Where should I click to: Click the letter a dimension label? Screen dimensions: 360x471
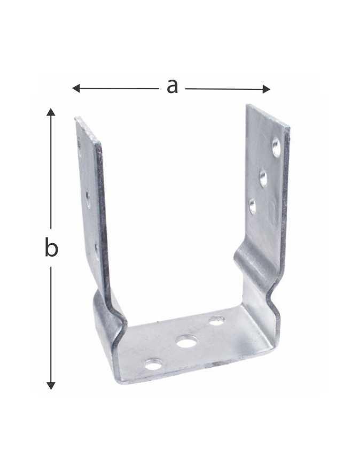point(172,87)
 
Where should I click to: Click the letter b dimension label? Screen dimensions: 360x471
point(51,247)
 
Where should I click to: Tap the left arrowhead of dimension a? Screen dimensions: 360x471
point(76,88)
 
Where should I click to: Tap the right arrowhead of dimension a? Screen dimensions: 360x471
point(266,89)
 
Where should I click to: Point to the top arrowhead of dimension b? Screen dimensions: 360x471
point(51,112)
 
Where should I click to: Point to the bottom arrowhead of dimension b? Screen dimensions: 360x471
point(51,385)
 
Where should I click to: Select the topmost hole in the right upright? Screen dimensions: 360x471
point(276,147)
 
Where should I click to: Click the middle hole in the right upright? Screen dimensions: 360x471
point(263,178)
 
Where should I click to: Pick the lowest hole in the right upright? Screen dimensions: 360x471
point(252,206)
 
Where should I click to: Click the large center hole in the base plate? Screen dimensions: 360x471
point(186,342)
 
